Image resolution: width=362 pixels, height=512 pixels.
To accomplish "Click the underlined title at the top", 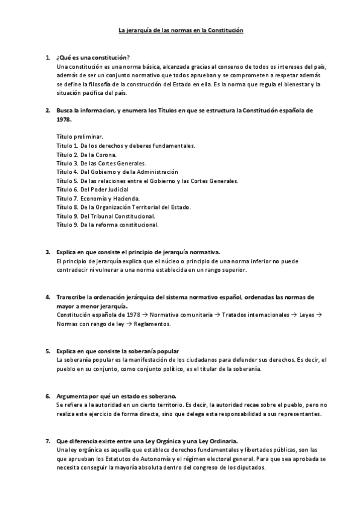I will pos(180,30).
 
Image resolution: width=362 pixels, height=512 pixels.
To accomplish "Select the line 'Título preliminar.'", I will pos(79,137).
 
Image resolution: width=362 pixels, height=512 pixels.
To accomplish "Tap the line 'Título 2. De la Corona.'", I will pos(86,155).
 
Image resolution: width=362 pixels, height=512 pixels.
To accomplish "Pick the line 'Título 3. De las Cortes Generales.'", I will pos(102,163).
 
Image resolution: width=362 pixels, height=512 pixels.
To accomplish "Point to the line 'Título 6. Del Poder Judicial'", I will pos(92,190).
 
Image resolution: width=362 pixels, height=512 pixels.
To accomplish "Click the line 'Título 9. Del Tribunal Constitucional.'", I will pos(106,216).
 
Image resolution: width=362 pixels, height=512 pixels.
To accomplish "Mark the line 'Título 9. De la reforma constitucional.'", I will pos(107,225).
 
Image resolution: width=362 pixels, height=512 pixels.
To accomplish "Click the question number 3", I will pos(48,252).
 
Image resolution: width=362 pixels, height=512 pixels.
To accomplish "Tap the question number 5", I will pos(48,351).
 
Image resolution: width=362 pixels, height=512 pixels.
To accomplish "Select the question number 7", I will pos(48,442).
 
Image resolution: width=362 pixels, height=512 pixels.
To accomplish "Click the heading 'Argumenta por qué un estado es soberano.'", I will pos(115,396).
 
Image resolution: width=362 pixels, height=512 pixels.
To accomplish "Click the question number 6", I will pos(48,396).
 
